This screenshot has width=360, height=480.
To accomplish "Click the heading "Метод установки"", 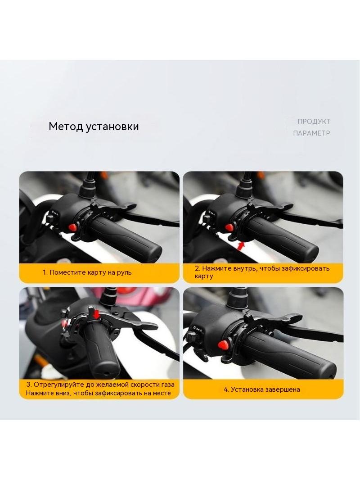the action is click(94, 127).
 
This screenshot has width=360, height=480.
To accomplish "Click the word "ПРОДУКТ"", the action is click(314, 122).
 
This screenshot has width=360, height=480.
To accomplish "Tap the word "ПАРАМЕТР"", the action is click(312, 133).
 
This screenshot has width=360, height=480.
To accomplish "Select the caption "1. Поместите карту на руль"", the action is click(87, 272).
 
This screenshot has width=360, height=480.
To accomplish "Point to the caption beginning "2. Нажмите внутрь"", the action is click(262, 272).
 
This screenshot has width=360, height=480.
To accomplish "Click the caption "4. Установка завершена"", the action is click(262, 389).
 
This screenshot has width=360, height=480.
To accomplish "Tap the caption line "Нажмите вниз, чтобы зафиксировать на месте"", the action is click(98, 393).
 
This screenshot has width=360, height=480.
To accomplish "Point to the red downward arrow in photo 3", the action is click(97, 314).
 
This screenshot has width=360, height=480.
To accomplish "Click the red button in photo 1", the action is click(72, 227).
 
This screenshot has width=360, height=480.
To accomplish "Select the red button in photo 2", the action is click(229, 227).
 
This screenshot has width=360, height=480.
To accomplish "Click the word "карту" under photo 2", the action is click(204, 276).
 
